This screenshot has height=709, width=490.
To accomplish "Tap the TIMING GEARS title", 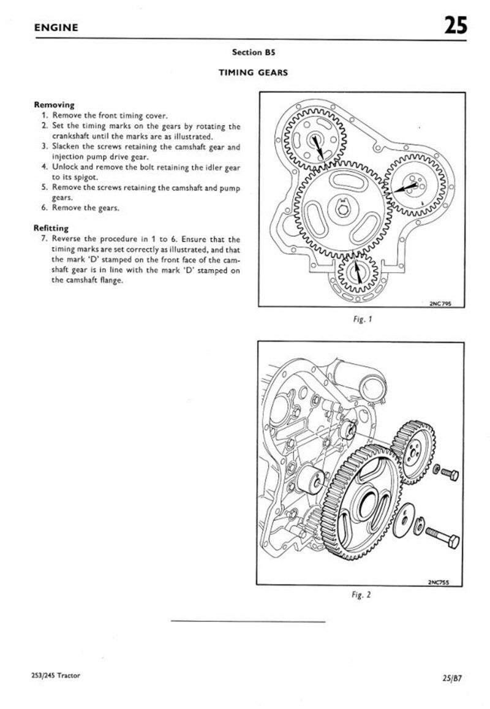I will tap(254, 72).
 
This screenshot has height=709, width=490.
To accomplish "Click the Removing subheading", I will tap(54, 105).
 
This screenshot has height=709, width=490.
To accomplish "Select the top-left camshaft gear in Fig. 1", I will tap(317, 142).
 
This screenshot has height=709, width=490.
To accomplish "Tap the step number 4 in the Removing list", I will tap(45, 166).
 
